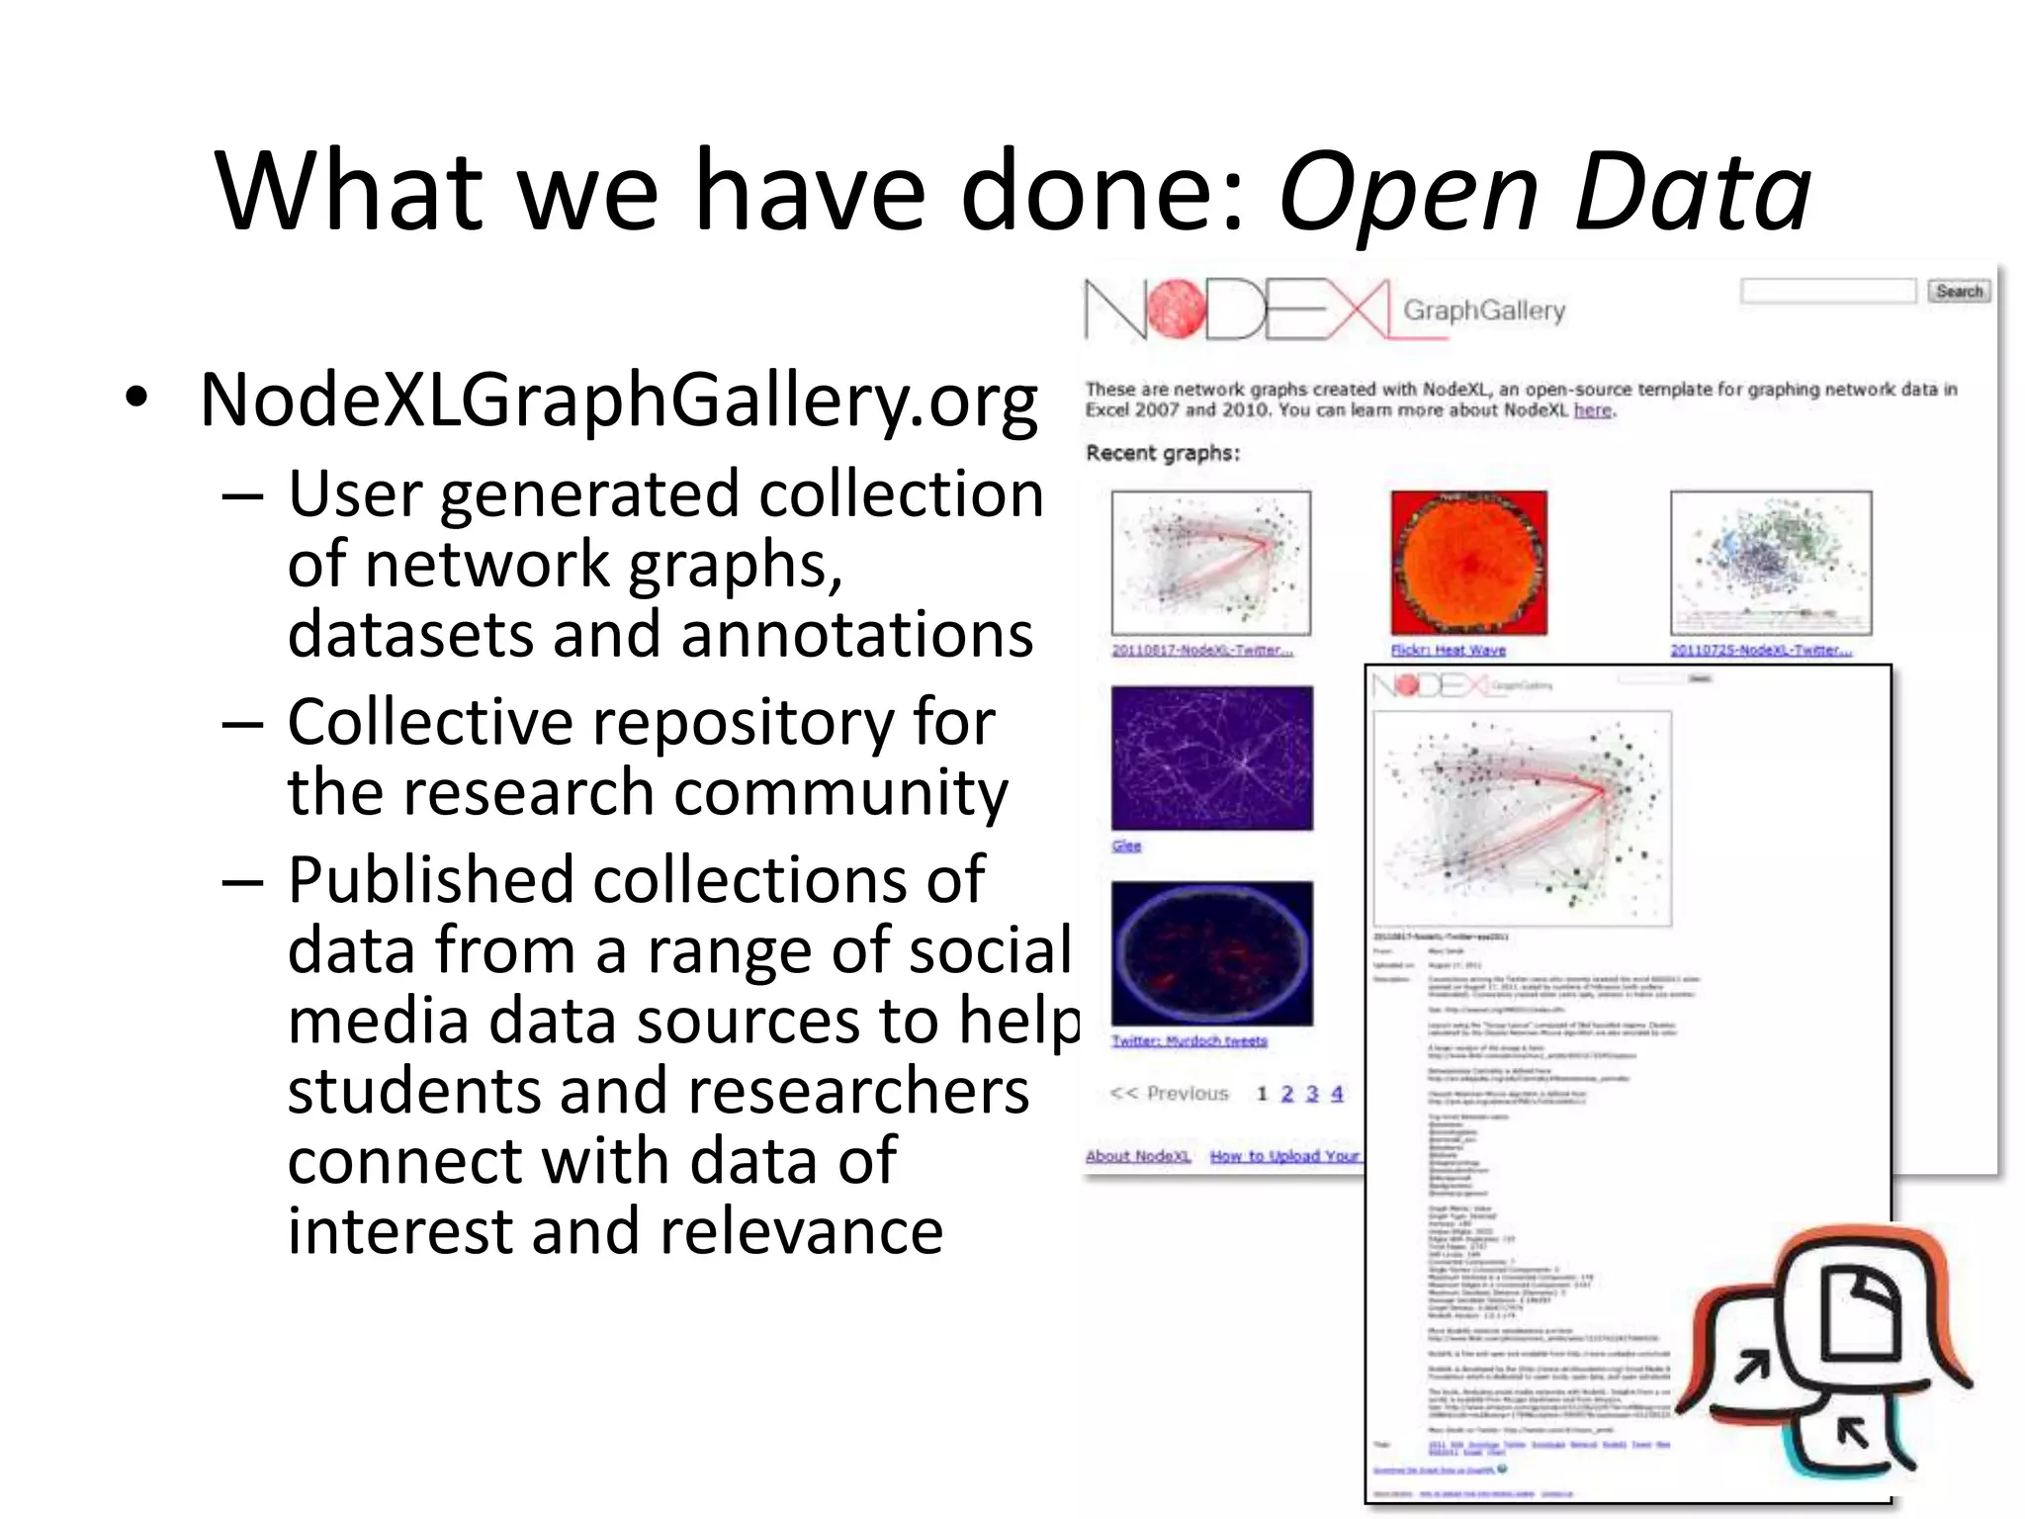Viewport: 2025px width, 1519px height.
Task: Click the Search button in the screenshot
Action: (1958, 291)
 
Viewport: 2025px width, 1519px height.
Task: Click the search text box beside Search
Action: (1827, 291)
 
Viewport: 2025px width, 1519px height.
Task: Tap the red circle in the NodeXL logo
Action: (1175, 310)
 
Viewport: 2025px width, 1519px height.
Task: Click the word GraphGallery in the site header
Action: (1484, 311)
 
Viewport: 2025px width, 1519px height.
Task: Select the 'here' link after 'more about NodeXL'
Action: (1592, 410)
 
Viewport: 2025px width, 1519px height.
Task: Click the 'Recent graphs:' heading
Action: (1163, 453)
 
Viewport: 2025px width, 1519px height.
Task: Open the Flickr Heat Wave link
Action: (1448, 650)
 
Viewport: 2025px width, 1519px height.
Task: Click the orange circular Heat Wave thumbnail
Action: (1468, 562)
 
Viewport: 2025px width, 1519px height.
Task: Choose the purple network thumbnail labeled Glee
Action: (1212, 758)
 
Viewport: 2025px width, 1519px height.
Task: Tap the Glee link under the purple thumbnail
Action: (1126, 846)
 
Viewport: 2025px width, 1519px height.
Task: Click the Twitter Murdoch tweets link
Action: (1189, 1040)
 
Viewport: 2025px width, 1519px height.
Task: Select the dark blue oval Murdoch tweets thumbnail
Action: (1212, 952)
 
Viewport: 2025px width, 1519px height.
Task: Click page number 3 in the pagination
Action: (1312, 1093)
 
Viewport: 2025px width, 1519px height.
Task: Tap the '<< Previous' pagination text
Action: (1169, 1093)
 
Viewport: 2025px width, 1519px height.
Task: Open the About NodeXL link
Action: (1138, 1155)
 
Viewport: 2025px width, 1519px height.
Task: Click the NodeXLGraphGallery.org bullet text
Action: (618, 401)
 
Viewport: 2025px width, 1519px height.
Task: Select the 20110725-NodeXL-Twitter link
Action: (1760, 650)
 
